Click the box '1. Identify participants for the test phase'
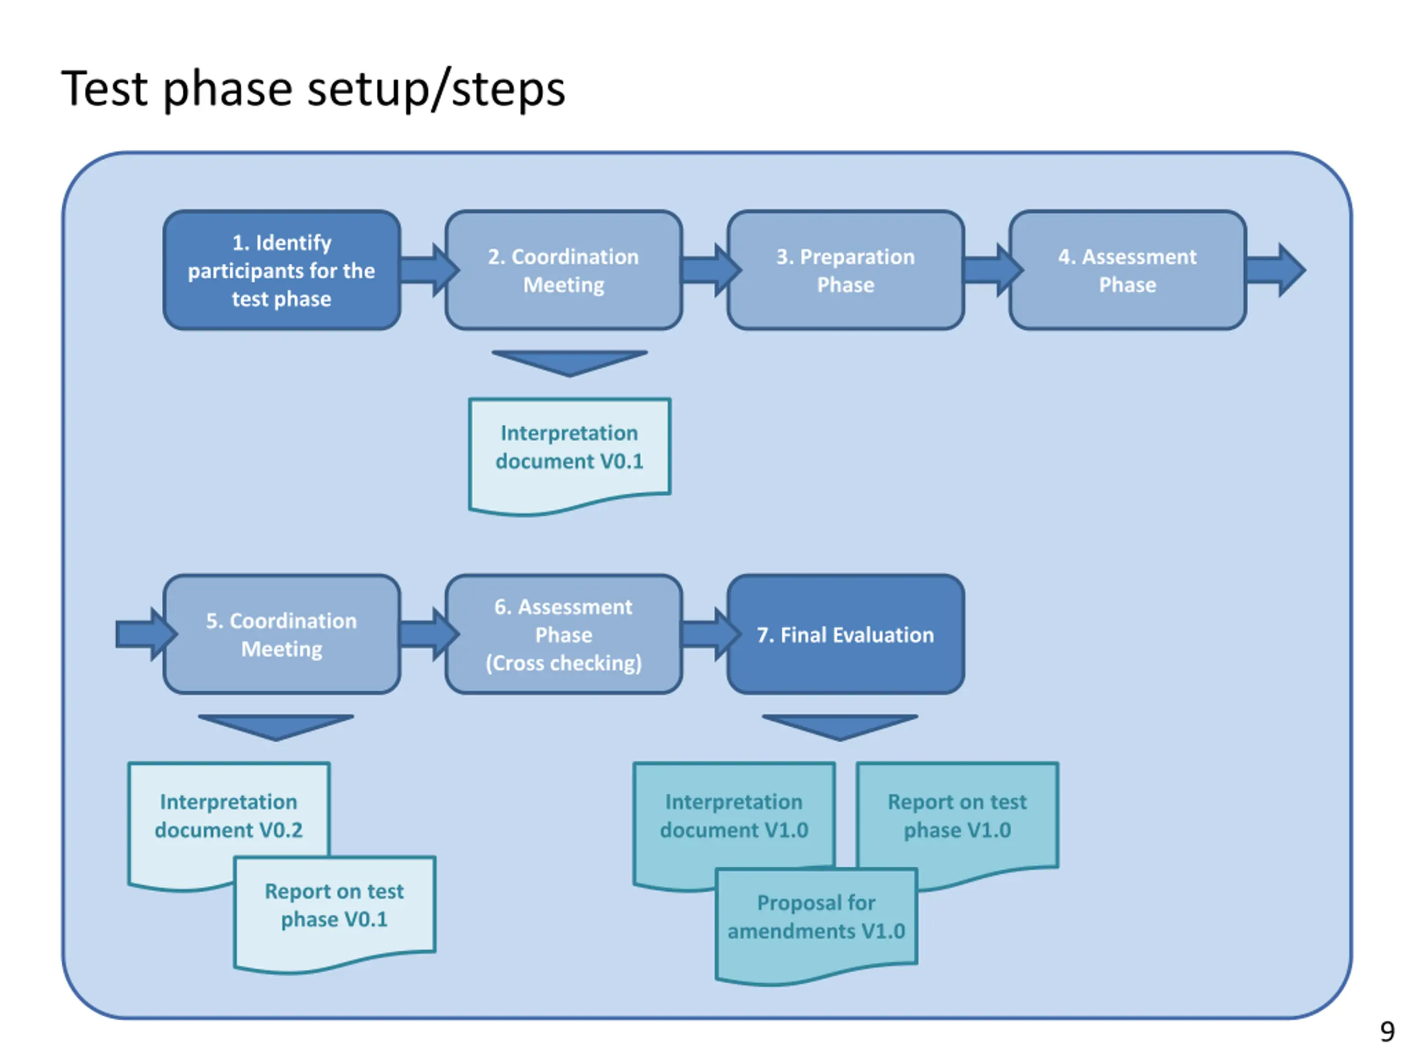(282, 270)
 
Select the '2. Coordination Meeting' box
(563, 270)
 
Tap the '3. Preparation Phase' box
(845, 270)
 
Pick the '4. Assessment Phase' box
(1127, 270)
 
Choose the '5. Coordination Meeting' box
(282, 635)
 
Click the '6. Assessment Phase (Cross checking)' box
(563, 635)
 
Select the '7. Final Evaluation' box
(845, 635)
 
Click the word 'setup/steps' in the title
(437, 89)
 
